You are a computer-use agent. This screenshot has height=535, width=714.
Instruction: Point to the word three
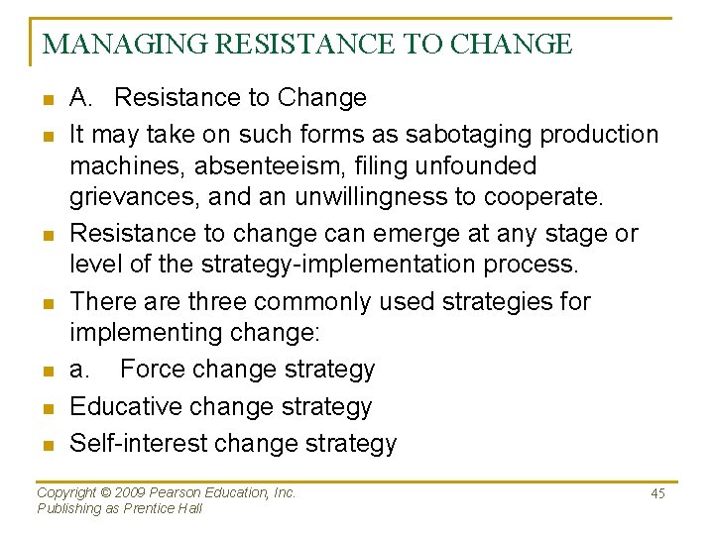coord(217,301)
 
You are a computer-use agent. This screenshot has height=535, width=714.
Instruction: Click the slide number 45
coord(657,493)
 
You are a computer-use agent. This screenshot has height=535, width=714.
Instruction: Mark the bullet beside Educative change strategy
coord(47,407)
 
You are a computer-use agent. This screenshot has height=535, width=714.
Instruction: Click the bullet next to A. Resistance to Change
coord(47,99)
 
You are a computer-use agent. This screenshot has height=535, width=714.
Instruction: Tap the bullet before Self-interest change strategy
coord(47,444)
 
